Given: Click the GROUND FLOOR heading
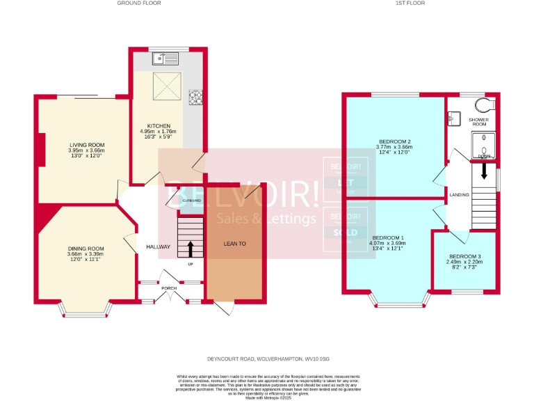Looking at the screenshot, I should pyautogui.click(x=140, y=3).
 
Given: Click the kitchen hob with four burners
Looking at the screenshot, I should pyautogui.click(x=195, y=98).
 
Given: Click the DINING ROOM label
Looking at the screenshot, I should pyautogui.click(x=86, y=249).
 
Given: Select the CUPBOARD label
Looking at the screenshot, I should pyautogui.click(x=191, y=200).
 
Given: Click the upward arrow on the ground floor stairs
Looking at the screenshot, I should pyautogui.click(x=191, y=248).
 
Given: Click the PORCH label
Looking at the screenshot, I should pyautogui.click(x=169, y=287).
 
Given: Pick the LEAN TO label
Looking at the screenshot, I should pyautogui.click(x=234, y=244).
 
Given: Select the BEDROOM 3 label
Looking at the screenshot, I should pyautogui.click(x=464, y=256).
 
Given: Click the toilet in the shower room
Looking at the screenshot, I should pyautogui.click(x=485, y=104).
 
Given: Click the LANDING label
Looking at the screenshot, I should pyautogui.click(x=459, y=195).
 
